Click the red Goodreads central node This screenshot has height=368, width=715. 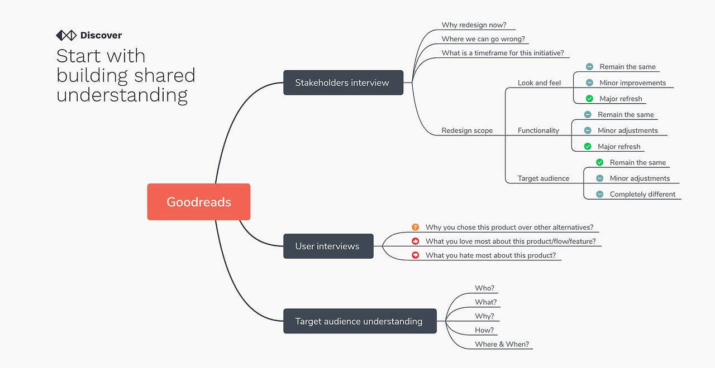pos(198,202)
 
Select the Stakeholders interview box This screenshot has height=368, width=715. pos(343,83)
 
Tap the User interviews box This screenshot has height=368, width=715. pos(328,246)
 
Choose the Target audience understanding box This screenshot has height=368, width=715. pos(360,321)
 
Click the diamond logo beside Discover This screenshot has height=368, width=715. pos(66,35)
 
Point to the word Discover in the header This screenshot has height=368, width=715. pos(101,35)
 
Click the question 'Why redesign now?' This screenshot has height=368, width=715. pos(474,25)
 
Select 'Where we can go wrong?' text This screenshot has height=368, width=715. pos(483,39)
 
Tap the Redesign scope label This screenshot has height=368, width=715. pos(467,130)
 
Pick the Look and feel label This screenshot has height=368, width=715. pos(539,83)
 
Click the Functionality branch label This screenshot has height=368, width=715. pos(538,130)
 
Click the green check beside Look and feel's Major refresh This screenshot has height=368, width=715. pos(589,99)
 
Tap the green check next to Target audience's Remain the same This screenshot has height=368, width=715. pos(599,162)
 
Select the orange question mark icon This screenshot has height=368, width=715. pos(415,227)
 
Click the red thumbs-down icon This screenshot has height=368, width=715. pos(415,255)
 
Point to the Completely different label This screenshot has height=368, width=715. pos(642,195)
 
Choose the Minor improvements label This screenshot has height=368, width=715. pos(632,83)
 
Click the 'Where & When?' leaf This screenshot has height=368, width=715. pos(502,344)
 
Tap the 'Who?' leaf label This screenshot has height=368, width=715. pos(484,288)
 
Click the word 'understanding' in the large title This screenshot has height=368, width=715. pos(122,95)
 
